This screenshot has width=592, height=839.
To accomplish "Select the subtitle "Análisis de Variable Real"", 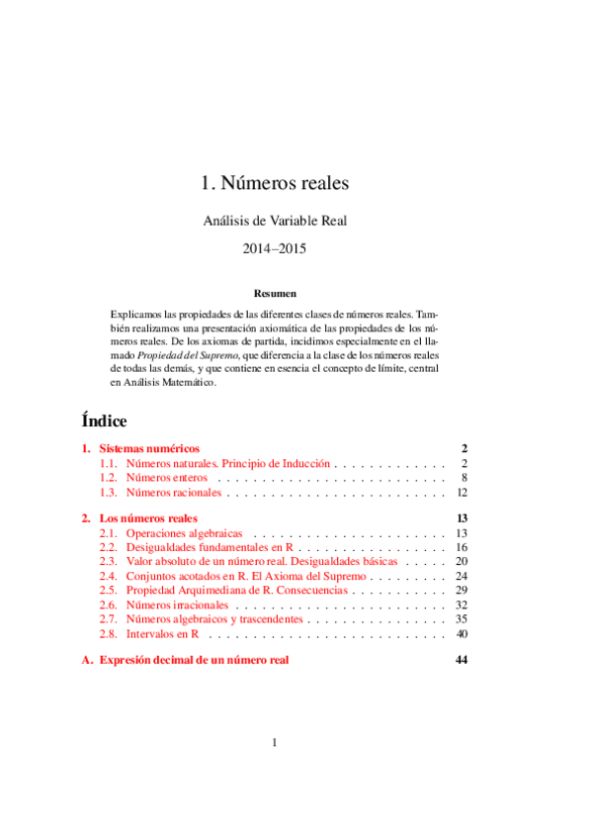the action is [275, 222].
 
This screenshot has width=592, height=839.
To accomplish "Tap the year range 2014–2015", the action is [275, 250].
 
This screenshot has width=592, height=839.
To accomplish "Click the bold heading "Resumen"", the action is [275, 294].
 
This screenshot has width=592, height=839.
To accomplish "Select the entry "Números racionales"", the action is [174, 492].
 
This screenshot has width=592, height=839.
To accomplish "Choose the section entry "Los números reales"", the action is [149, 518].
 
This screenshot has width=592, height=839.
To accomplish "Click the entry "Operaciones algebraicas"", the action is [185, 533].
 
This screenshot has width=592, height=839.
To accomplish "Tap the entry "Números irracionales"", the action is [177, 605].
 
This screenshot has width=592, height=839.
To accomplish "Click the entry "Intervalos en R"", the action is [164, 633].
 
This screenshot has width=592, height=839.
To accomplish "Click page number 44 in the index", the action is [461, 660].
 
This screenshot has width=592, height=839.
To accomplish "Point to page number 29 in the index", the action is [461, 590].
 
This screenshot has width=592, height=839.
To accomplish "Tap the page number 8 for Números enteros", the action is [464, 477].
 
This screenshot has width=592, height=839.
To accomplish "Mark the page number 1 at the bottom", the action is [275, 744].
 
